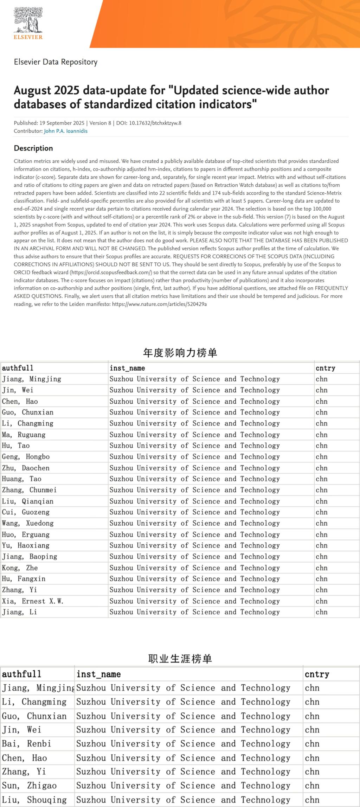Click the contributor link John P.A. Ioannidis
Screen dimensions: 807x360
[x=65, y=131]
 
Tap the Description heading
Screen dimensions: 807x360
[x=33, y=148]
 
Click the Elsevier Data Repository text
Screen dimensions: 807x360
[x=56, y=62]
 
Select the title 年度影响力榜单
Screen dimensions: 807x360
[x=180, y=353]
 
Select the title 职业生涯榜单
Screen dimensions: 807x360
[x=180, y=659]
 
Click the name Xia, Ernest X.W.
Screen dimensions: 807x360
[x=33, y=601]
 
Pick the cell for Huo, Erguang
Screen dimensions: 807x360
[x=26, y=534]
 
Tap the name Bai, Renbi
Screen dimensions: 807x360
[x=26, y=744]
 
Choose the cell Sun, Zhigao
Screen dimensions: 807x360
[x=29, y=786]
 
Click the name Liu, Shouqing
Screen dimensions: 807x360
[x=34, y=800]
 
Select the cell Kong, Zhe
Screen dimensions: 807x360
[x=20, y=568]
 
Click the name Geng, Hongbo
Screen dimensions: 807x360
[x=26, y=457]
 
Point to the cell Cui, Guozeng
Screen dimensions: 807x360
[x=26, y=512]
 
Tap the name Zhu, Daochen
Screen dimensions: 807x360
[x=26, y=468]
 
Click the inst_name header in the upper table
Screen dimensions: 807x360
[x=127, y=368]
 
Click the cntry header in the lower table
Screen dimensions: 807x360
[x=317, y=674]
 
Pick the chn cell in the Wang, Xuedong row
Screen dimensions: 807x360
[x=321, y=523]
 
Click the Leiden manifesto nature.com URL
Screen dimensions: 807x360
[x=159, y=304]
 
